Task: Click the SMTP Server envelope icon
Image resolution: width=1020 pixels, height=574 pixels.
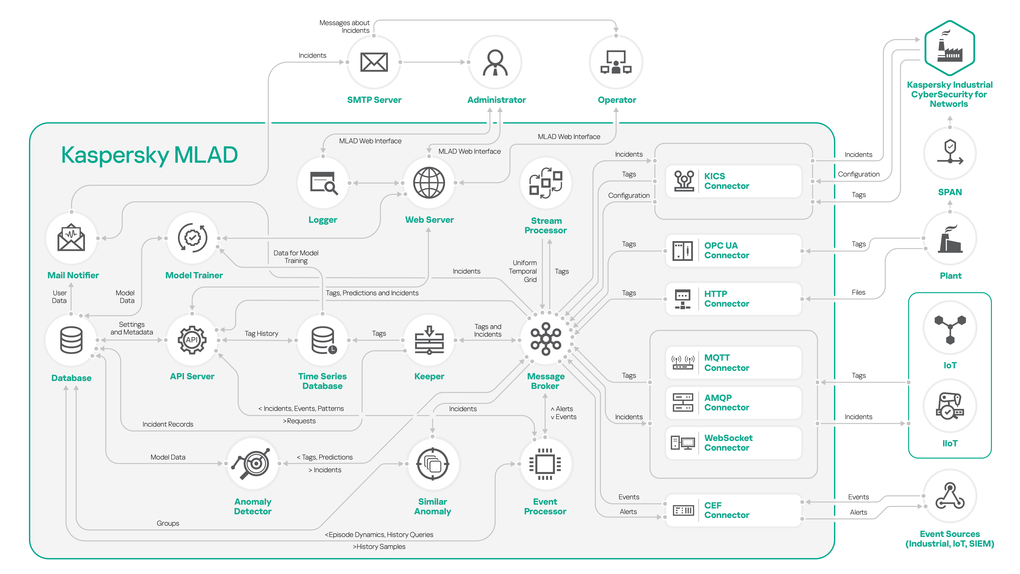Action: pyautogui.click(x=374, y=62)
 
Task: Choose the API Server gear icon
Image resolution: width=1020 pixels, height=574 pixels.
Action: pyautogui.click(x=192, y=340)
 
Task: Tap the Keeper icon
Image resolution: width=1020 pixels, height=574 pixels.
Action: pyautogui.click(x=429, y=340)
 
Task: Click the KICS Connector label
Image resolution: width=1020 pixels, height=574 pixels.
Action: pyautogui.click(x=726, y=181)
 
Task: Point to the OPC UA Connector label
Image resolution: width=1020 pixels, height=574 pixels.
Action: pyautogui.click(x=726, y=250)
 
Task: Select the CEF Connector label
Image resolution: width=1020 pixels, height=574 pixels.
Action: pyautogui.click(x=726, y=510)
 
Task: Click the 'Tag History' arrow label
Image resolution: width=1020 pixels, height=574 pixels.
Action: pyautogui.click(x=261, y=334)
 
